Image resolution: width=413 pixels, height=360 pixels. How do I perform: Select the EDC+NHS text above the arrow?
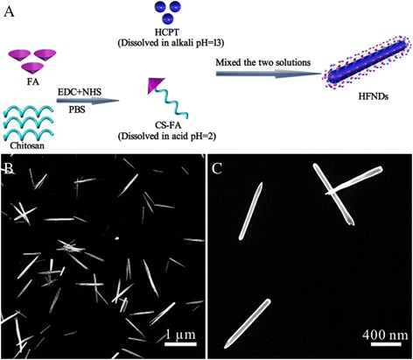pyautogui.click(x=87, y=91)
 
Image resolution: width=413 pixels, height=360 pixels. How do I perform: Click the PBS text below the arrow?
pyautogui.click(x=85, y=112)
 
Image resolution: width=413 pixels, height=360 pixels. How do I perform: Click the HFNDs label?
pyautogui.click(x=355, y=107)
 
